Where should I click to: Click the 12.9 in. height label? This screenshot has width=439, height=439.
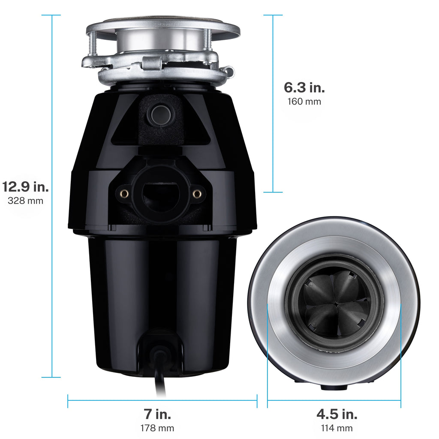click(26, 187)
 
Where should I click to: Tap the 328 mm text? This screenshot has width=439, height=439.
click(26, 201)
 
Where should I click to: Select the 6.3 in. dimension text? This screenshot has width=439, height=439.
click(304, 87)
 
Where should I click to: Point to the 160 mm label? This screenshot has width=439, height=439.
click(304, 102)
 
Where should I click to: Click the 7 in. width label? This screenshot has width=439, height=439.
click(157, 414)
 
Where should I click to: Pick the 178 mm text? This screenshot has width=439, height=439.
click(157, 428)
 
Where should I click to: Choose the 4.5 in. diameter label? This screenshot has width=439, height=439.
click(337, 414)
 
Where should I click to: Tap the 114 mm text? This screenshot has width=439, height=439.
click(337, 428)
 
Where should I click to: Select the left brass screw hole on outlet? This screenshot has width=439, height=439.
click(124, 193)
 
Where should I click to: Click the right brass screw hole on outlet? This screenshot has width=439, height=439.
click(197, 194)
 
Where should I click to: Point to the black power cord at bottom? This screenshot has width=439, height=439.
click(161, 377)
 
